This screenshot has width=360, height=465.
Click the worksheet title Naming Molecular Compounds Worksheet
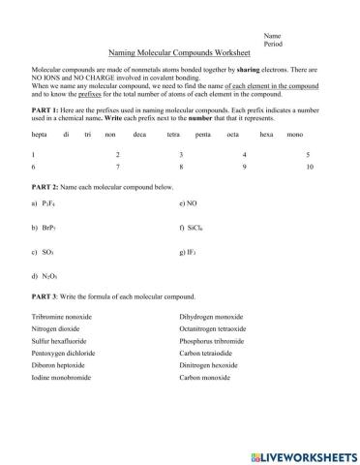coord(180,55)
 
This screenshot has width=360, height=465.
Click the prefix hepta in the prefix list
coord(40,135)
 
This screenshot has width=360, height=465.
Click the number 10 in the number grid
coord(309,167)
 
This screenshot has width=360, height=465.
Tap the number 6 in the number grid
coord(33,167)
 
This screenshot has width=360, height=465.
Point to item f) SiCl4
coord(191,229)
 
